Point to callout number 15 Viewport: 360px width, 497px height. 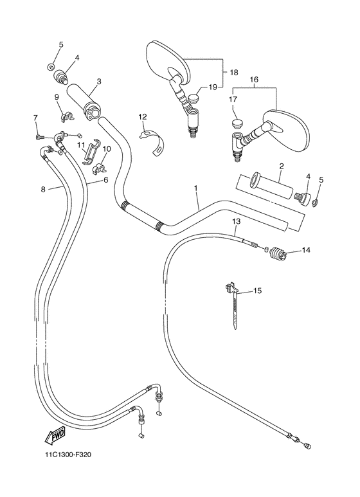pos(257,291)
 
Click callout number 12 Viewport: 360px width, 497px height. pos(142,116)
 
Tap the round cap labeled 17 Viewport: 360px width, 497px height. pos(236,123)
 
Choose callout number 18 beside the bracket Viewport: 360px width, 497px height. pos(233,73)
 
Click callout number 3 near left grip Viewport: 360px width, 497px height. pos(99,82)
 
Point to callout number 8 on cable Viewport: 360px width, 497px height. pos(43,189)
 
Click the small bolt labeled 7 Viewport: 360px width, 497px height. pos(40,136)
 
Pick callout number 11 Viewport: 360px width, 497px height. pos(81,145)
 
